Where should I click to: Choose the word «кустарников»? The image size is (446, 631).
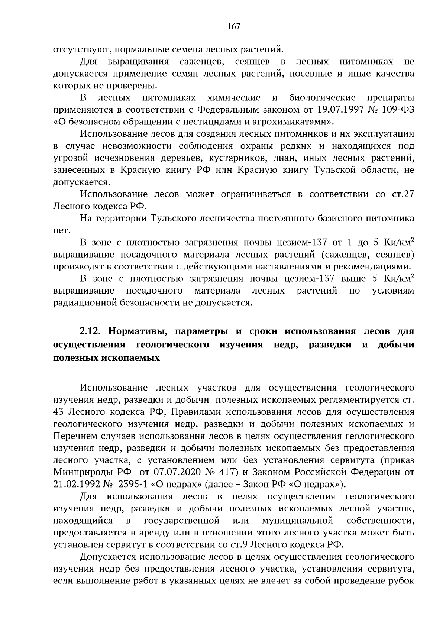[x=229, y=158]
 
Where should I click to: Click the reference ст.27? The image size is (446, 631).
[x=403, y=195]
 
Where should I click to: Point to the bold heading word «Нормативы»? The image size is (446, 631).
[x=137, y=331]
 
